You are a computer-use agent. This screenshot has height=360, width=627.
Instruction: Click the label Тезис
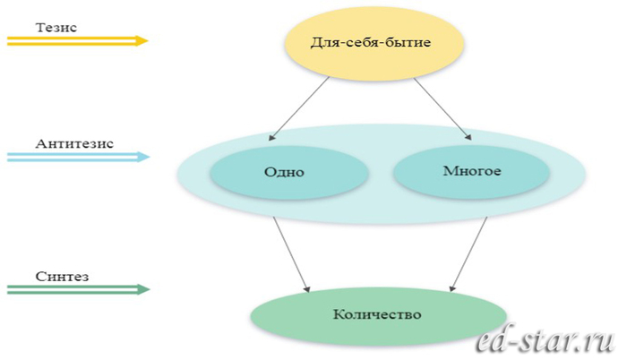point(56,27)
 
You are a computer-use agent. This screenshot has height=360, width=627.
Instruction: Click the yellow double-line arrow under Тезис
point(77,40)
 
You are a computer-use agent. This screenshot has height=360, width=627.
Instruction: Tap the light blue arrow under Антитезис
point(77,157)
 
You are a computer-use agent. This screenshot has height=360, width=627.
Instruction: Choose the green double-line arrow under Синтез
point(77,289)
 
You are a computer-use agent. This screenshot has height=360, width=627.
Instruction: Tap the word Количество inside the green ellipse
point(376,314)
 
